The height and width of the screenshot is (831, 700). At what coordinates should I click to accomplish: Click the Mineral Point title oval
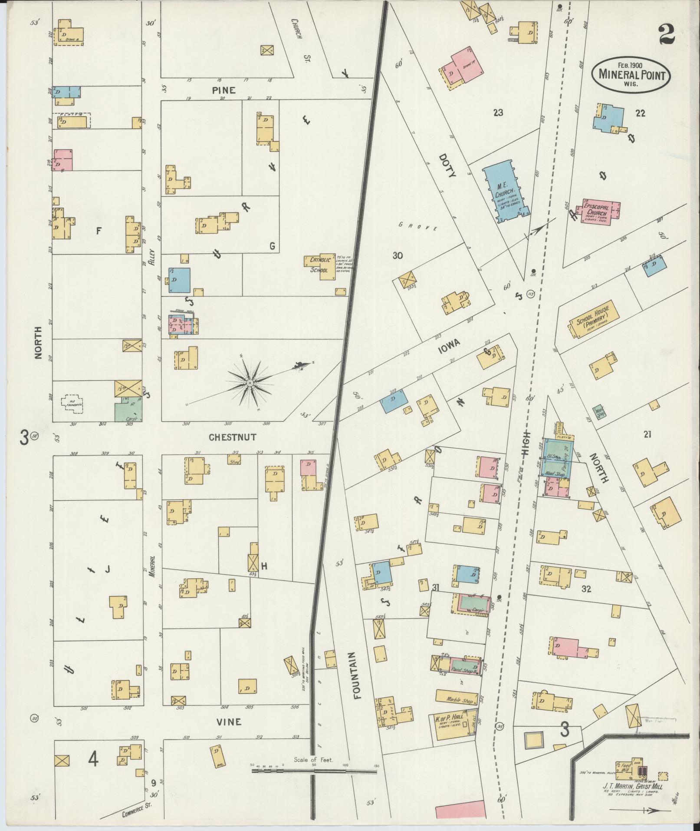631,74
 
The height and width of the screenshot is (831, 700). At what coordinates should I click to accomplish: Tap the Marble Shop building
458,699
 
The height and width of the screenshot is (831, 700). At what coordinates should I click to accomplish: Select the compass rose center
250,383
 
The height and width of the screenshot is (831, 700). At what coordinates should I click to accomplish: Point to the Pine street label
223,90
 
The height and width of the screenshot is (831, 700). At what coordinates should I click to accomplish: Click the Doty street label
447,166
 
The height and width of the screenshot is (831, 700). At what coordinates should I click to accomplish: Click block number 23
498,113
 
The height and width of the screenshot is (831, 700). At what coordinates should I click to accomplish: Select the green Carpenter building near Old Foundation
128,409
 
